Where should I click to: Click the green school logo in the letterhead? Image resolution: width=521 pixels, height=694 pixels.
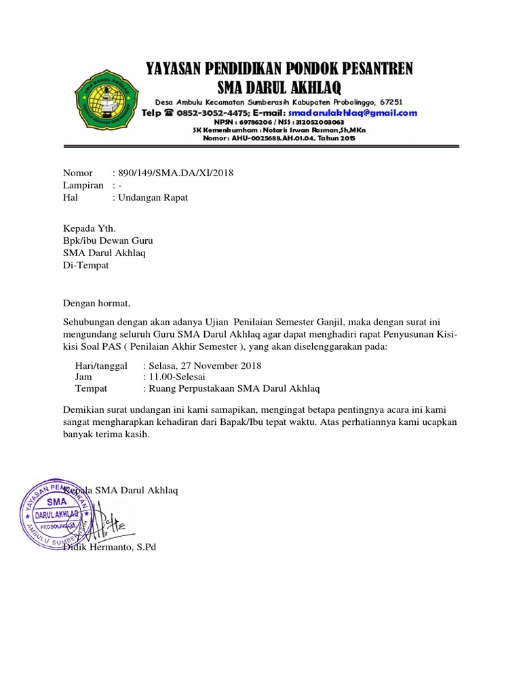[x=108, y=102]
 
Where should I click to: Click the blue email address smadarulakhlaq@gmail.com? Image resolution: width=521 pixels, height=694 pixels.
[x=353, y=113]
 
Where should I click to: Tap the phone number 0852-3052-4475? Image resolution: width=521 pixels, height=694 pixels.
[x=205, y=113]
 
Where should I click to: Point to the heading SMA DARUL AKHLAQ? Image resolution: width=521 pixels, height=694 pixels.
[x=279, y=87]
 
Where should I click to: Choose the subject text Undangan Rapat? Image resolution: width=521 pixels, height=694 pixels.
[x=153, y=197]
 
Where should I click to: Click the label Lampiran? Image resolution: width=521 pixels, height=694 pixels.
[x=83, y=185]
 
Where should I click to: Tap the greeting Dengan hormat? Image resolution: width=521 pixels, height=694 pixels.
[x=96, y=302]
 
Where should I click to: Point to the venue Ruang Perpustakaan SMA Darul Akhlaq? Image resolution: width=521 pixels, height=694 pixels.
[x=231, y=388]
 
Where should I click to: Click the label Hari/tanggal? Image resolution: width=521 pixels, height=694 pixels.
[x=101, y=365]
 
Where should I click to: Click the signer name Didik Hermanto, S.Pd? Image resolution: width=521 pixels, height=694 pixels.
[x=109, y=546]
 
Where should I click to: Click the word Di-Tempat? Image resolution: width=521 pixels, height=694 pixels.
[x=85, y=266]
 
